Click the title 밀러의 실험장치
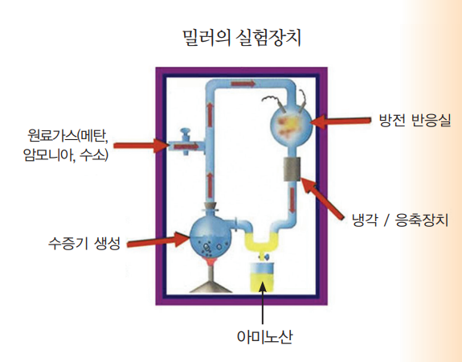(242, 38)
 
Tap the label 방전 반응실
(415, 121)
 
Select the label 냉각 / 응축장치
(400, 220)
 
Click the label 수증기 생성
(84, 244)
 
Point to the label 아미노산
(265, 336)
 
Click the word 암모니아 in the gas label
(47, 155)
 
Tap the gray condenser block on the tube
(292, 169)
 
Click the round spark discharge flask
(291, 123)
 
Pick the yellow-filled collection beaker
(262, 277)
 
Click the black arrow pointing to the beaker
(263, 302)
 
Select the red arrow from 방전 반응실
(341, 121)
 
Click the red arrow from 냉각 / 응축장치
(322, 198)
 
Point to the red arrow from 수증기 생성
(158, 240)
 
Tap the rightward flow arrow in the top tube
(243, 84)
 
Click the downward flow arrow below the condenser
(292, 200)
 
